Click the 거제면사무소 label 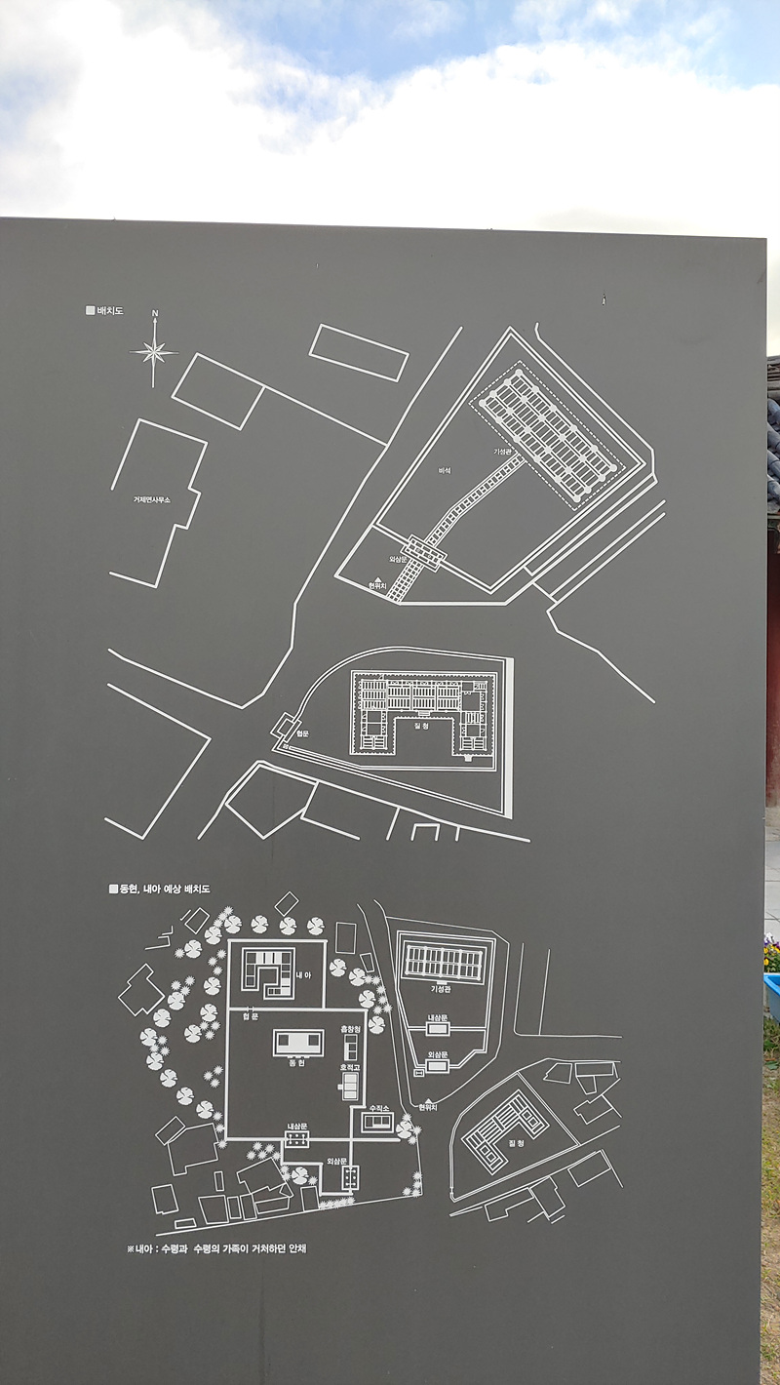coord(152,498)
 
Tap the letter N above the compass coord(154,313)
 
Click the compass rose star coord(154,351)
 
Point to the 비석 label coord(445,470)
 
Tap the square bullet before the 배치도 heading coord(90,310)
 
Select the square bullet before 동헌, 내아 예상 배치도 coord(113,889)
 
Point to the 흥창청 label coord(350,1029)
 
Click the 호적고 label coord(350,1068)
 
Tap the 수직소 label coord(377,1109)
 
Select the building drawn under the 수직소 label coord(377,1123)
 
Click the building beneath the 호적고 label coord(350,1087)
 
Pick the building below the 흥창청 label coord(350,1048)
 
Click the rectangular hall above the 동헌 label coord(298,1042)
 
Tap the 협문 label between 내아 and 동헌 coord(251,1016)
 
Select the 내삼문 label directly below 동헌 coord(297,1126)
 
